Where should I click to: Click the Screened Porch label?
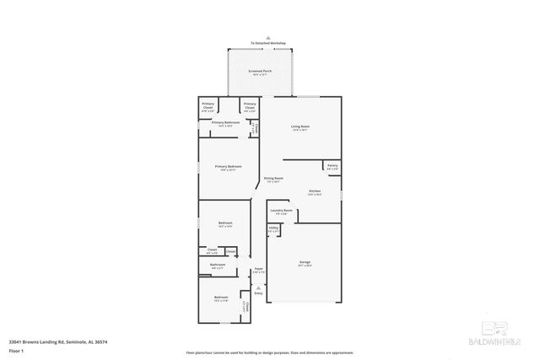tap(260, 72)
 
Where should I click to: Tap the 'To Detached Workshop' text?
tap(267, 43)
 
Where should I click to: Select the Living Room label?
tap(300, 127)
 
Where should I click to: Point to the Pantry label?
tap(332, 166)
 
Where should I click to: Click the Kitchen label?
tap(314, 192)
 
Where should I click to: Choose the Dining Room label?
tap(273, 179)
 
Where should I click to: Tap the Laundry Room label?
tap(281, 211)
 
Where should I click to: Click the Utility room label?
tap(273, 228)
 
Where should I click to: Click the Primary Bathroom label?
tap(226, 123)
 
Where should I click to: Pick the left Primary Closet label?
tap(208, 105)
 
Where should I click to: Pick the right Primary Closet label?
tap(250, 105)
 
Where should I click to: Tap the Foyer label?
tap(259, 271)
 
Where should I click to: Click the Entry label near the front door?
tap(259, 293)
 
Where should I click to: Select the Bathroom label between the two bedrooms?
tap(218, 266)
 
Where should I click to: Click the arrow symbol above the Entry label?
tap(259, 287)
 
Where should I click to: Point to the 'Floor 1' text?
tap(15, 349)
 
